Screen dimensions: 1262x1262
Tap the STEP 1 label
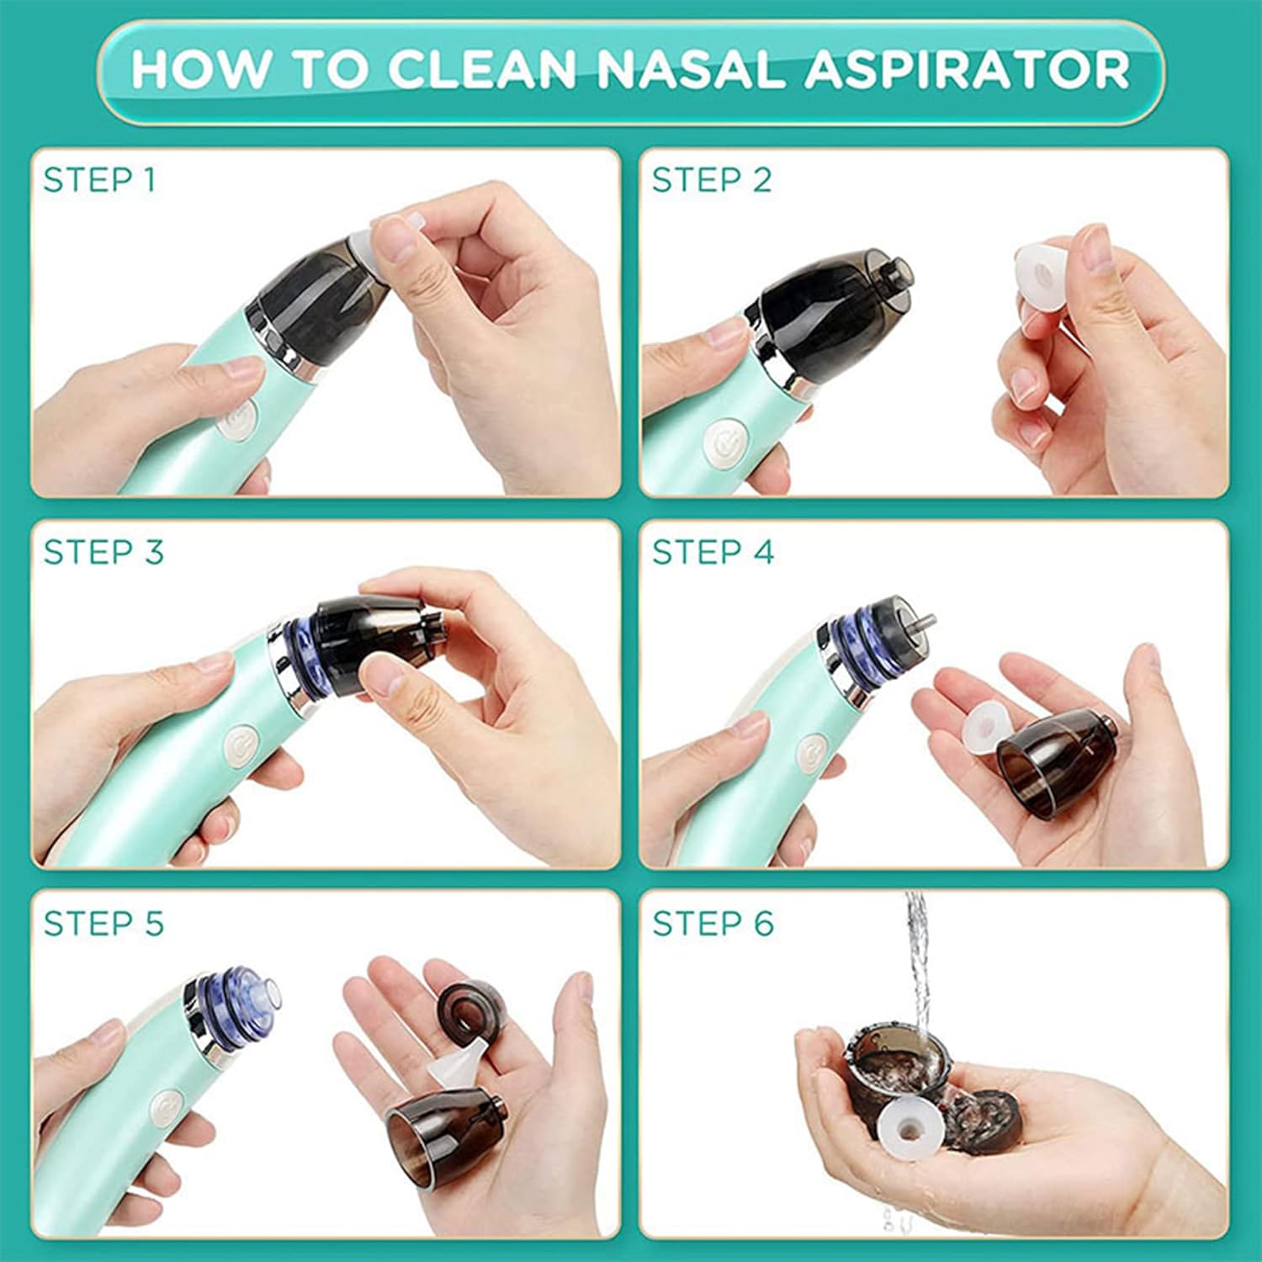[100, 180]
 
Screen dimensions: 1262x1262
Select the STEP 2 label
[712, 180]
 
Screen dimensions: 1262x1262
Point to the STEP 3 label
[103, 552]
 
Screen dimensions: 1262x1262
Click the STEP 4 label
[713, 552]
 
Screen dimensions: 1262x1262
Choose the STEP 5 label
[103, 924]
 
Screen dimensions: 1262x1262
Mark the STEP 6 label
[713, 924]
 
